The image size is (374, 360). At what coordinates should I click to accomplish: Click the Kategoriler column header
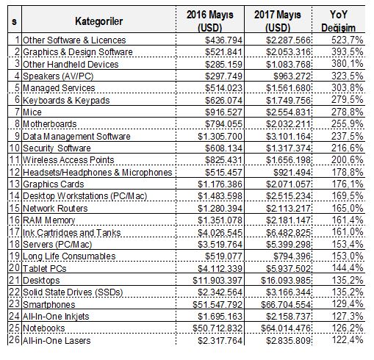point(98,21)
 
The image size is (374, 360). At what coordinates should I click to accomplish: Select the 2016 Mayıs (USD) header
point(210,21)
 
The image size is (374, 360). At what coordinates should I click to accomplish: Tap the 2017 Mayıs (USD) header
point(278,21)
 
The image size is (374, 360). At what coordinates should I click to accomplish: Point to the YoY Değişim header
point(338,21)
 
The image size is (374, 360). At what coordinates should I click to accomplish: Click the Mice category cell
point(32,112)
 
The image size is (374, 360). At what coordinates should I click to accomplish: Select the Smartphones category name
point(49,304)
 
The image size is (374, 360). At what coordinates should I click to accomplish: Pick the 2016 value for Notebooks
point(217,328)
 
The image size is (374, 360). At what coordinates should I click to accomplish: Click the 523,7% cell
point(348,40)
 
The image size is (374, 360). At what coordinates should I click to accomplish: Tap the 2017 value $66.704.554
point(286,304)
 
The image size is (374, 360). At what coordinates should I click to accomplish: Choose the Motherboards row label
point(49,124)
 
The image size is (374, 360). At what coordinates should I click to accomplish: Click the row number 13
point(14,184)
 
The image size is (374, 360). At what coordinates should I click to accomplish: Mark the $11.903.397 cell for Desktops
point(217,281)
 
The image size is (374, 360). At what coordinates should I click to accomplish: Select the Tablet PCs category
point(45,268)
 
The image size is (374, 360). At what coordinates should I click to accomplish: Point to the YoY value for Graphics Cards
point(348,184)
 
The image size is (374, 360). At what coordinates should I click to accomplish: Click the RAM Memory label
point(48,220)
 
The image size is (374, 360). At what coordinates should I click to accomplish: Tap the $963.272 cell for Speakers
point(292,76)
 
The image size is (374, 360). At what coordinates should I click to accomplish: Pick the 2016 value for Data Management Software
point(220,136)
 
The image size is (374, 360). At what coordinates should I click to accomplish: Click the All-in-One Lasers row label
point(57,340)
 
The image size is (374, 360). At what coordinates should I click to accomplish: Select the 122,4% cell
point(348,340)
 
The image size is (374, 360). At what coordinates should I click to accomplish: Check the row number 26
point(14,340)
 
